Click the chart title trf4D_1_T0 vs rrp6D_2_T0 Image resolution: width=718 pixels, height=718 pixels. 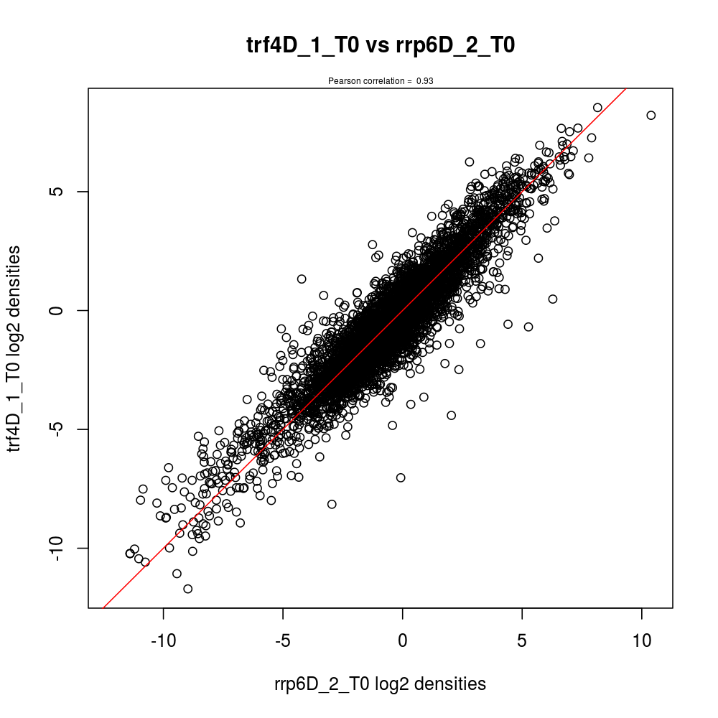point(381,45)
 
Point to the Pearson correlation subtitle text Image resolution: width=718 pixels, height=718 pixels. point(381,81)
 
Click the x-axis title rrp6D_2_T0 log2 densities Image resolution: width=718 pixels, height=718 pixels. point(380,684)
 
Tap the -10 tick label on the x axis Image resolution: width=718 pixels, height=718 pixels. point(163,640)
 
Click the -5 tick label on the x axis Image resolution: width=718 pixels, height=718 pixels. point(283,640)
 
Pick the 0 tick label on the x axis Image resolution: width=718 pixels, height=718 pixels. point(402,640)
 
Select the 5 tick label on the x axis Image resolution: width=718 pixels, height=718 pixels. point(522,640)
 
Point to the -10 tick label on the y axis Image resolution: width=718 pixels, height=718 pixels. point(61,548)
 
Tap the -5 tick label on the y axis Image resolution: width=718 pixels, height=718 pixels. point(61,429)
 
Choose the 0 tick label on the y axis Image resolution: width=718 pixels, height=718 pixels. point(61,310)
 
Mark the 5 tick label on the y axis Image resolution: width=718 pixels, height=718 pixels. point(61,192)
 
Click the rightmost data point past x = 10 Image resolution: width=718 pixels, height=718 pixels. point(651,115)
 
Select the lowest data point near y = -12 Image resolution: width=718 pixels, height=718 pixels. point(188,589)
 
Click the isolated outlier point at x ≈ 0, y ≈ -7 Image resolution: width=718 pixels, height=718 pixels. point(401,477)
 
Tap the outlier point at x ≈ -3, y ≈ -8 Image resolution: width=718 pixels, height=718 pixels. point(332,504)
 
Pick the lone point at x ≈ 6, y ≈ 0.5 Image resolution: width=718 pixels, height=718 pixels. point(553,299)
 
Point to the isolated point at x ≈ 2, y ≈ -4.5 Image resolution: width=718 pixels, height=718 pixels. point(452,415)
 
